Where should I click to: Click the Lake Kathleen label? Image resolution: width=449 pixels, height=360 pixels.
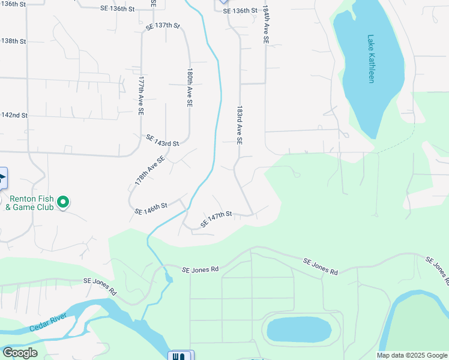pyautogui.click(x=371, y=59)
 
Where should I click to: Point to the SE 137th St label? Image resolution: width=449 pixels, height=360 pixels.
pyautogui.click(x=163, y=26)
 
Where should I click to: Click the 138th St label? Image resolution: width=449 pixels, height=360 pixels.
pyautogui.click(x=14, y=41)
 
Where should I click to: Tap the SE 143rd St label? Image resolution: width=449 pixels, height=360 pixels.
pyautogui.click(x=162, y=140)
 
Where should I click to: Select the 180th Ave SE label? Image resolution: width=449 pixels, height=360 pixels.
pyautogui.click(x=190, y=87)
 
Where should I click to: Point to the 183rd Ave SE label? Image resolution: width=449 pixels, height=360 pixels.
pyautogui.click(x=239, y=125)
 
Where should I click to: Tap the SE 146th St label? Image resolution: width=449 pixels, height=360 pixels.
pyautogui.click(x=151, y=208)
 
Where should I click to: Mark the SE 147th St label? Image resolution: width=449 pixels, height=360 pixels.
pyautogui.click(x=216, y=218)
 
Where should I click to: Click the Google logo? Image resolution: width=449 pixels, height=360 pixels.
pyautogui.click(x=19, y=353)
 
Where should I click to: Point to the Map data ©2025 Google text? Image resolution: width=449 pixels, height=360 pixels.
pyautogui.click(x=411, y=355)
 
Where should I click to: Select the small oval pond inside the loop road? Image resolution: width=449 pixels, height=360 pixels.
pyautogui.click(x=298, y=329)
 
